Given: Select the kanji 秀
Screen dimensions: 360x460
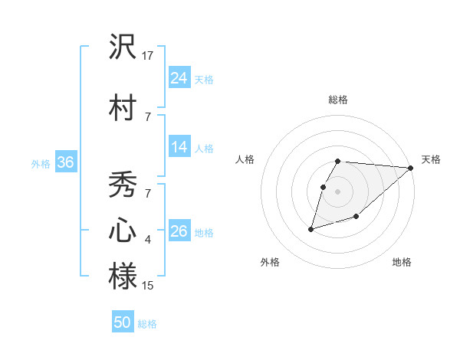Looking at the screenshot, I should [x=123, y=185].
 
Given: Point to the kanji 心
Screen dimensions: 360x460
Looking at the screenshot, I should [x=123, y=231].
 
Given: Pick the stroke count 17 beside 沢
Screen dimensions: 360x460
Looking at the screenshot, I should [x=148, y=56].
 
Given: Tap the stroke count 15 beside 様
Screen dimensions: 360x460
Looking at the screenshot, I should [x=148, y=286].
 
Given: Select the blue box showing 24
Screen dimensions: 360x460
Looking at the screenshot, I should [x=179, y=78].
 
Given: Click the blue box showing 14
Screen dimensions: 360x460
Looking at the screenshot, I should [x=179, y=148].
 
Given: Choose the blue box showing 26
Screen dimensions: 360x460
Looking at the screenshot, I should [x=179, y=231].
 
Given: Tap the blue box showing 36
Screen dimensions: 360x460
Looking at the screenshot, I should [x=65, y=162].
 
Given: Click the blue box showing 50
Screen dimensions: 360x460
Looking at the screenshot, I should [x=123, y=322].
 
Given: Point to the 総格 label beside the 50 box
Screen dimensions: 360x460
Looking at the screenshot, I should [x=147, y=324].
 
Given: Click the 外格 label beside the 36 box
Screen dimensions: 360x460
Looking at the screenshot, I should [x=41, y=164].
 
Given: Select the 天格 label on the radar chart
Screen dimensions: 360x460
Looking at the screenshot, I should [x=431, y=159].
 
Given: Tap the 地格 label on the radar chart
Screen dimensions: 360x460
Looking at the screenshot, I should [x=402, y=262].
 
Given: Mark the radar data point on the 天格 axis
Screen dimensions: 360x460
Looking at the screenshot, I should [x=411, y=168].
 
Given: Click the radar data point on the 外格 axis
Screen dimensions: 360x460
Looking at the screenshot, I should [x=310, y=229].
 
